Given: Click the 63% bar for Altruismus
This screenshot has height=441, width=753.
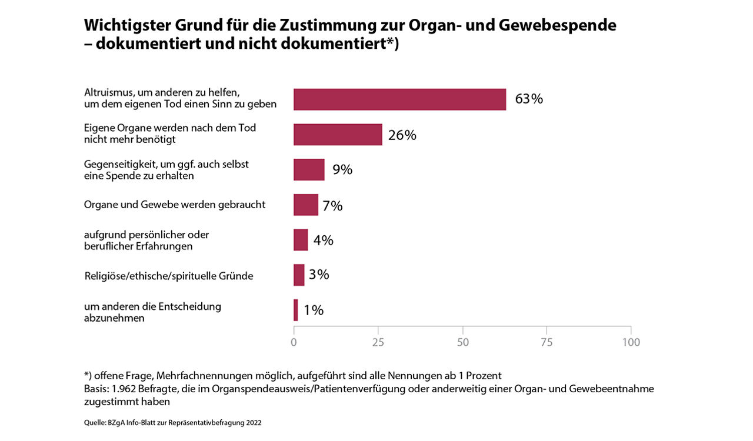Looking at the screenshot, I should (x=399, y=99).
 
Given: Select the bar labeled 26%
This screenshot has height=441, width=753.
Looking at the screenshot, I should (x=338, y=135).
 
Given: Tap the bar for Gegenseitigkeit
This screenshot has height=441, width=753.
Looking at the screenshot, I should (x=309, y=169).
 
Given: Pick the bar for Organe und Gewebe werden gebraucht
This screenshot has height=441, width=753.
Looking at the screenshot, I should (x=306, y=205).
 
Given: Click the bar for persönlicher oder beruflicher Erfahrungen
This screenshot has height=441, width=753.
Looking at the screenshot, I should (x=301, y=240).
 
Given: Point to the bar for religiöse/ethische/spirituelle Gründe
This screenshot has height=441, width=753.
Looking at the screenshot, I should (x=299, y=275).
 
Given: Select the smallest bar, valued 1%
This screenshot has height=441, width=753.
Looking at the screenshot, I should (x=296, y=310).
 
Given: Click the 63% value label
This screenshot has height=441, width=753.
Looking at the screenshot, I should (x=528, y=99).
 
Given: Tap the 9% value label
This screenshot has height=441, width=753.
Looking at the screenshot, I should (x=342, y=170).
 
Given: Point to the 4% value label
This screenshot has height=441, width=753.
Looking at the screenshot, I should (x=323, y=240).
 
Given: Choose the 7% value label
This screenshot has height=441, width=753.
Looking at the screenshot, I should (x=332, y=205).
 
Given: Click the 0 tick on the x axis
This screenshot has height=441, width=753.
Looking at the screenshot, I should (x=294, y=342).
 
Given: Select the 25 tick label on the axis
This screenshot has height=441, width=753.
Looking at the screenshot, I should (x=378, y=342).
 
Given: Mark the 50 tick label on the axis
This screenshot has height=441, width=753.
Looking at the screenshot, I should (x=462, y=342).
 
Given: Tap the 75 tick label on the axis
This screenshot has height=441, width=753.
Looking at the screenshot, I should (x=547, y=342).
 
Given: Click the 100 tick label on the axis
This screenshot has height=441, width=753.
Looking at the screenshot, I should (x=631, y=342).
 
